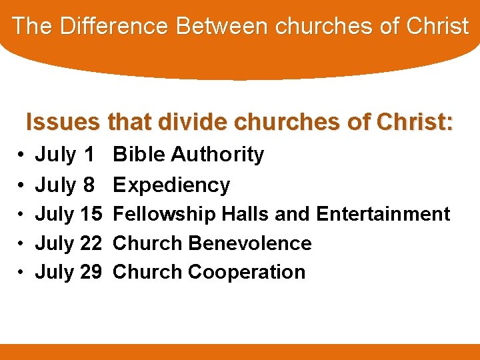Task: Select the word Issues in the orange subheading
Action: [63, 122]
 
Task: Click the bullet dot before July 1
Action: [22, 155]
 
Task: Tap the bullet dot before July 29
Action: [22, 273]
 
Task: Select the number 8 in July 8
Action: [88, 185]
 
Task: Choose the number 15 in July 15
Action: [91, 214]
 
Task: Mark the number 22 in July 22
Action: [91, 243]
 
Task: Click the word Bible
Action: [139, 155]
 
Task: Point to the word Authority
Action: [217, 155]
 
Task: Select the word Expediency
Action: [171, 185]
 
